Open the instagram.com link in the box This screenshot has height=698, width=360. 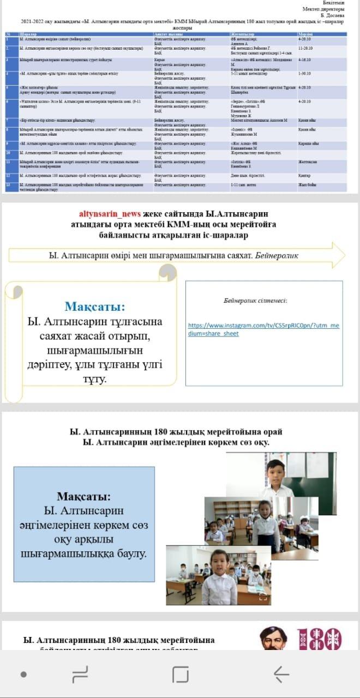pos(263,329)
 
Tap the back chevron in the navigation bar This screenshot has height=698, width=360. pos(281,675)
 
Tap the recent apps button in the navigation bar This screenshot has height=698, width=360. pos(180,675)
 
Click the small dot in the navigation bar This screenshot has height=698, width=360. pos(23,675)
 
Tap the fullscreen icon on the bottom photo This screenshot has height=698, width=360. pos(262,598)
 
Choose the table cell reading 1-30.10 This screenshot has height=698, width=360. pos(305,73)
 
